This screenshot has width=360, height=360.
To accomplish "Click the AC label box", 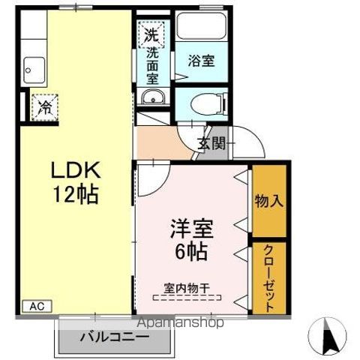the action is pyautogui.click(x=37, y=306).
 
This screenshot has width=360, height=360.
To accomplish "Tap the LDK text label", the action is pyautogui.click(x=76, y=170).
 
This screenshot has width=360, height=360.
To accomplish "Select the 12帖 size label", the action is pyautogui.click(x=76, y=194).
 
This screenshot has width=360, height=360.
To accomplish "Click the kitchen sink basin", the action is pyautogui.click(x=34, y=70).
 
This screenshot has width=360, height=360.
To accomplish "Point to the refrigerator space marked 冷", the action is pyautogui.click(x=44, y=107).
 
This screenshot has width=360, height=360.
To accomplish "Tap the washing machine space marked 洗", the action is pyautogui.click(x=151, y=34).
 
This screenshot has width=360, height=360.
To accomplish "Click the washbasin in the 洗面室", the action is pyautogui.click(x=152, y=97).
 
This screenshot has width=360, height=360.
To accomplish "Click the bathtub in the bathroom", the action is pyautogui.click(x=202, y=25).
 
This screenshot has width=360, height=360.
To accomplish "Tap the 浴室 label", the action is pyautogui.click(x=202, y=61).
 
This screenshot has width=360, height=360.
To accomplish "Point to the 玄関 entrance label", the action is pyautogui.click(x=211, y=143).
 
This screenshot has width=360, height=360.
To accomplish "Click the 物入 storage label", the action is pyautogui.click(x=269, y=201).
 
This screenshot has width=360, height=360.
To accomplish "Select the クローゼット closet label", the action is pyautogui.click(x=269, y=278).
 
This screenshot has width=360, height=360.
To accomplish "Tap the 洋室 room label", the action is pyautogui.click(x=192, y=229).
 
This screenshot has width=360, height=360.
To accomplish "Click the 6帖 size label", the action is pyautogui.click(x=191, y=251).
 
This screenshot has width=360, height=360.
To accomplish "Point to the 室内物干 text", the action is pyautogui.click(x=187, y=288).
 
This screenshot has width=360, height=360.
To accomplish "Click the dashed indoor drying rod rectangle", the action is pyautogui.click(x=187, y=298).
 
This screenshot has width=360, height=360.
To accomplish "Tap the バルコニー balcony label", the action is pyautogui.click(x=115, y=337).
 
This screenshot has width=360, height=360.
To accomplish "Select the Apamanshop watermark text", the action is pyautogui.click(x=181, y=322).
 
